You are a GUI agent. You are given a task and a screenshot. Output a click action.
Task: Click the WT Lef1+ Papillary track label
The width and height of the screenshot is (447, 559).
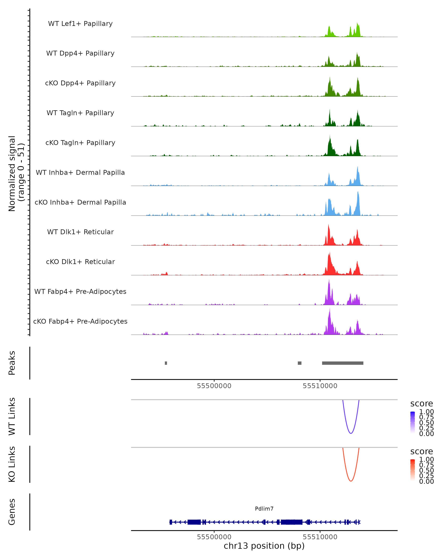[x=80, y=24]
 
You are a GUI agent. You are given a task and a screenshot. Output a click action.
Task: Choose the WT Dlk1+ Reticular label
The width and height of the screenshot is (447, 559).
[x=80, y=232]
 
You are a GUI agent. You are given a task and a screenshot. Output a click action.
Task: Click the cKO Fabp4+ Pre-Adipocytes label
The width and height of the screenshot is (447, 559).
[x=80, y=321]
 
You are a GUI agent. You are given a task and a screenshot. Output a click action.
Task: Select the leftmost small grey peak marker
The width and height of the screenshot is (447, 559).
[x=166, y=363]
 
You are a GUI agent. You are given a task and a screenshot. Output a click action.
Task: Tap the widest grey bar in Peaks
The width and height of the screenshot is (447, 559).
[x=343, y=363]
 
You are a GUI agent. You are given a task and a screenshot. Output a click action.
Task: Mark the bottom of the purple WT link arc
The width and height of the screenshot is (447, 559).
[x=351, y=433]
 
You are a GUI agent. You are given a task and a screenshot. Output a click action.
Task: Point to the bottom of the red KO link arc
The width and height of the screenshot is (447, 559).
[x=351, y=481]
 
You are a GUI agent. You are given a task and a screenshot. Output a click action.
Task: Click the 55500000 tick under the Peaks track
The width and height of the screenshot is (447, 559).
[x=214, y=386]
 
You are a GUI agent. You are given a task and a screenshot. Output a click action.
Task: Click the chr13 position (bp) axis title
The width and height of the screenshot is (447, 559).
[x=264, y=546]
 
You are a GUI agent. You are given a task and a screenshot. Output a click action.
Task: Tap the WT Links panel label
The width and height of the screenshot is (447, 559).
[x=12, y=416]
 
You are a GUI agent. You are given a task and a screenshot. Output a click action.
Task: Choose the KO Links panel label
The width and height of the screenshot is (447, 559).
[x=12, y=464]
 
